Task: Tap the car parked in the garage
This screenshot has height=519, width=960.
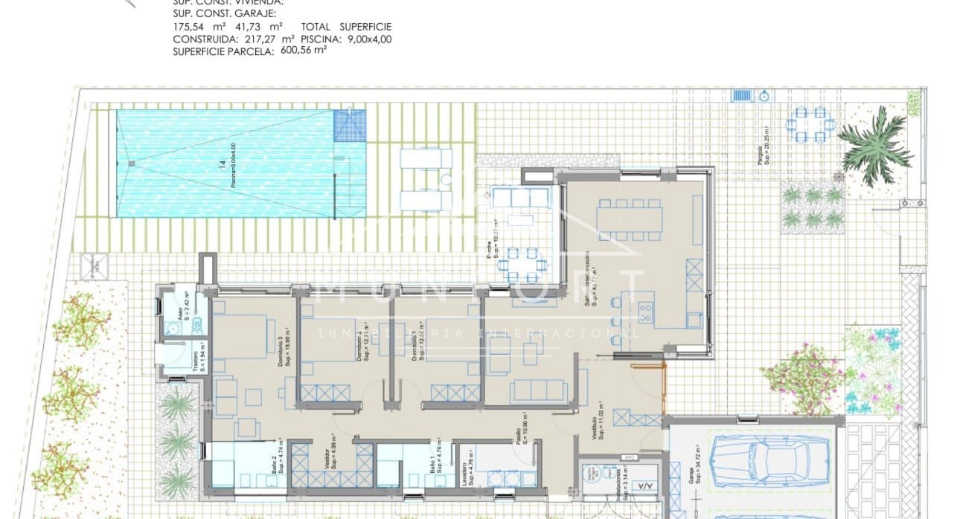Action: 769,454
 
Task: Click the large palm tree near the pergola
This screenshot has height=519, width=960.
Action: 875,146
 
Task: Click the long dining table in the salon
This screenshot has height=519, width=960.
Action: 630,216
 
